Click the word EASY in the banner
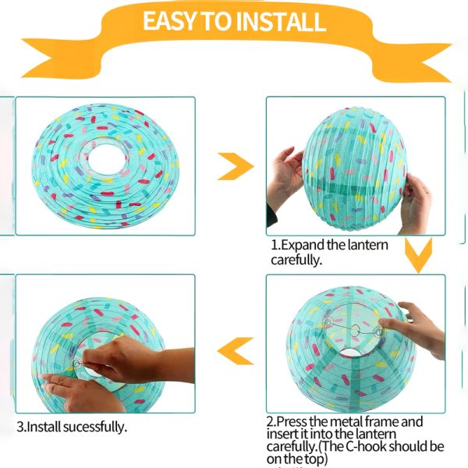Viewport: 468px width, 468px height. (x=168, y=21)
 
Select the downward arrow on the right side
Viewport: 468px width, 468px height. (x=420, y=256)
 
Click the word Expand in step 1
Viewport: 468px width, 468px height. (x=305, y=244)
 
